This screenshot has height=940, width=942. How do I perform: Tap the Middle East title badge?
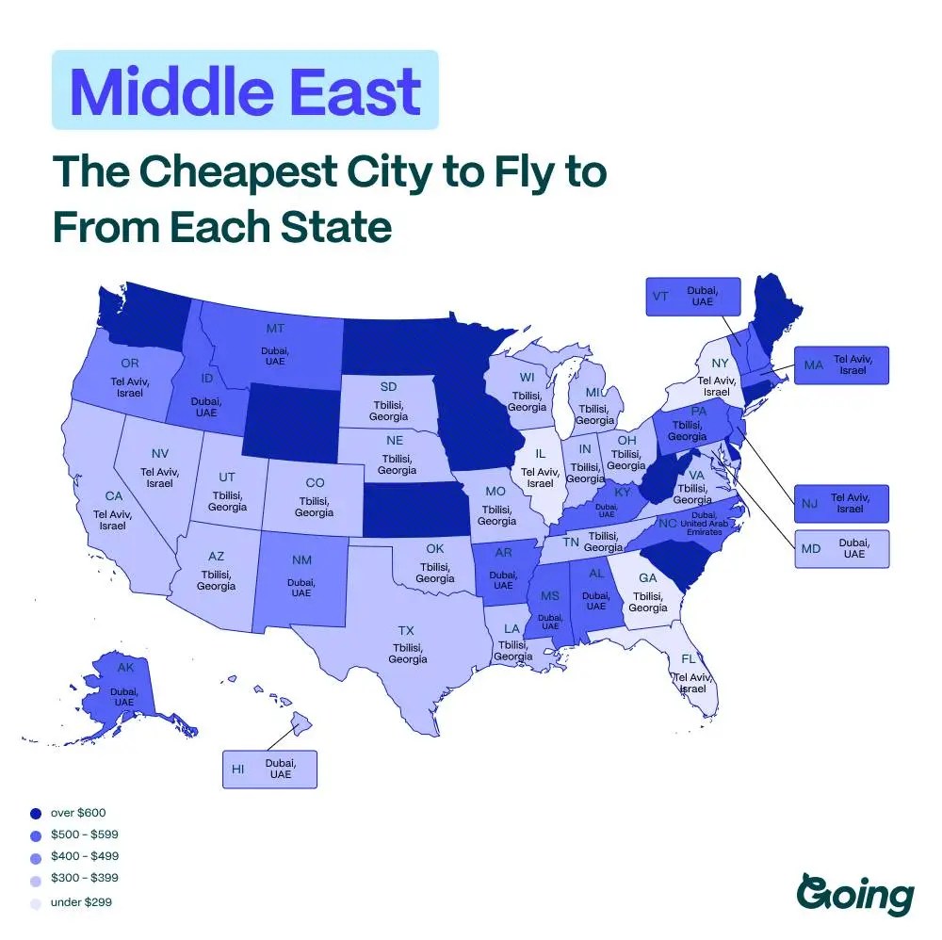(245, 90)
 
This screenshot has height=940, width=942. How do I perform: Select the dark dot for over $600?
(35, 812)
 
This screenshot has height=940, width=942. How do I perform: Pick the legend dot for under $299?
(35, 902)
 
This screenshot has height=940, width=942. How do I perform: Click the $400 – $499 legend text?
(84, 857)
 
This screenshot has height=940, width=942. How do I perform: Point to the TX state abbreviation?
(406, 630)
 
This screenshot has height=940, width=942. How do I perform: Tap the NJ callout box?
(841, 503)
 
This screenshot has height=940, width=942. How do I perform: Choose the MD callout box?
(841, 548)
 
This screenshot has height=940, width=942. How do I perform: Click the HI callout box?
(269, 769)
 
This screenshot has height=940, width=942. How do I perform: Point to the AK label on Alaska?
(125, 668)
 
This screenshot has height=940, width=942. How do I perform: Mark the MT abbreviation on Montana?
(275, 329)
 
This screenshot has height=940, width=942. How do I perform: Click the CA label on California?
(113, 495)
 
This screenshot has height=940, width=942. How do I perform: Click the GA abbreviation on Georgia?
(648, 577)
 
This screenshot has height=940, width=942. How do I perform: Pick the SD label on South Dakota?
(388, 387)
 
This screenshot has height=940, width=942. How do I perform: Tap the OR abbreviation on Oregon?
(131, 364)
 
